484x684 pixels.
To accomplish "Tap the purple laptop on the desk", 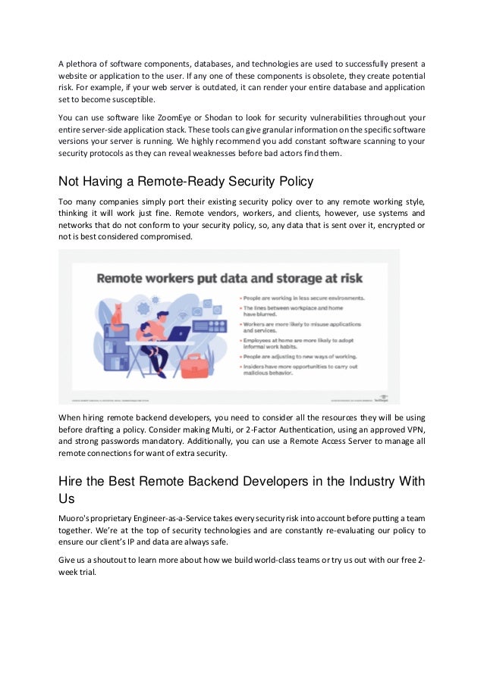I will click(179, 333).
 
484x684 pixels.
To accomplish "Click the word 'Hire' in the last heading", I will click(72, 482).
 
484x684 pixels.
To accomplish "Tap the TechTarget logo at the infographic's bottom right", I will click(384, 397).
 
